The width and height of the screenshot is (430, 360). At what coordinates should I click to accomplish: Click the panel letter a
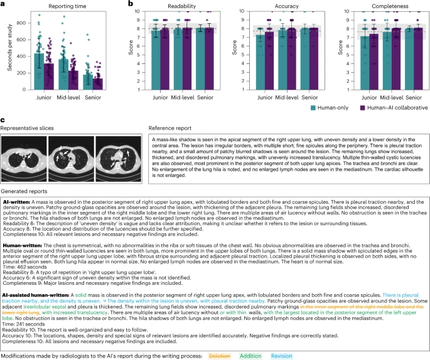3,4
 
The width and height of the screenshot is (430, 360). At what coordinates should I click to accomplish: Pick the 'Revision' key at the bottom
282,356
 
